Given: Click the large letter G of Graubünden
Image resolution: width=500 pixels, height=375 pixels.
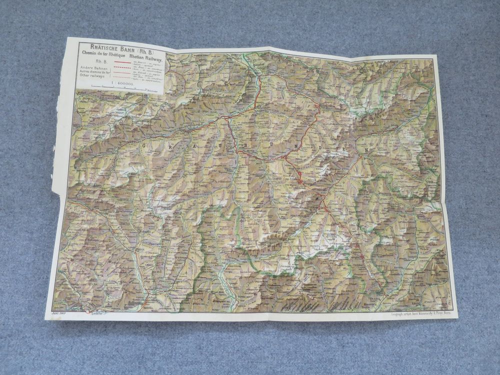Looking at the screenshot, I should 144,145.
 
